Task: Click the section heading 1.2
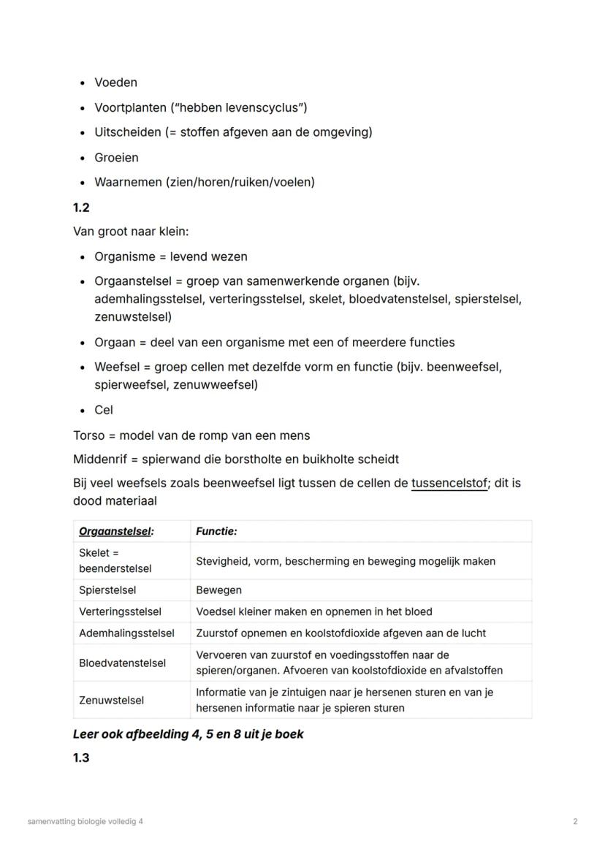point(81,207)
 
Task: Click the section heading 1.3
point(81,758)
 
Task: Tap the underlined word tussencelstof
point(449,483)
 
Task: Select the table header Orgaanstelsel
point(116,531)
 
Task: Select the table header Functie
point(216,531)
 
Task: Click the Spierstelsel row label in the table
point(107,590)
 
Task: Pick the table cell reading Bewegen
point(218,590)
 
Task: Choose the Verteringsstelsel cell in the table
point(120,611)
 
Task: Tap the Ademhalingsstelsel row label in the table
point(126,633)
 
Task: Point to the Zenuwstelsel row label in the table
point(111,700)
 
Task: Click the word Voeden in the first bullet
point(115,83)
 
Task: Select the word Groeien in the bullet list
point(116,157)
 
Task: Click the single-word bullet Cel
point(104,410)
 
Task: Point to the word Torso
point(88,435)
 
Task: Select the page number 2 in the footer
point(575,821)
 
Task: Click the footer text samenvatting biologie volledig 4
point(85,821)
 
